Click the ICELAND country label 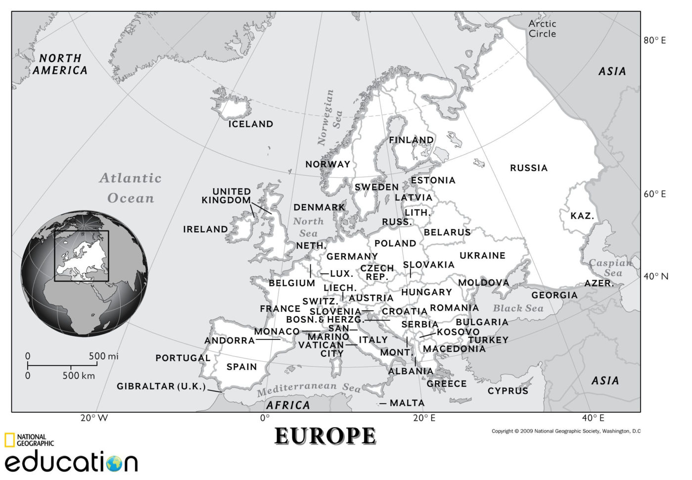pyautogui.click(x=250, y=124)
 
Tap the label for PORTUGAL pyautogui.click(x=183, y=358)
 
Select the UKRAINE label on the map pyautogui.click(x=482, y=255)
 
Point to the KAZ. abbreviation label pyautogui.click(x=582, y=216)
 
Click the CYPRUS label pyautogui.click(x=507, y=391)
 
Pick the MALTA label pyautogui.click(x=407, y=403)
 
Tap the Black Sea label pyautogui.click(x=518, y=308)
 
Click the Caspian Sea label pyautogui.click(x=610, y=268)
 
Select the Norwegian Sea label pyautogui.click(x=329, y=118)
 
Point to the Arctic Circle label pyautogui.click(x=542, y=29)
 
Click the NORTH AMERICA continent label pyautogui.click(x=60, y=64)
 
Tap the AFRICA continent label pyautogui.click(x=288, y=405)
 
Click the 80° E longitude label pyautogui.click(x=654, y=41)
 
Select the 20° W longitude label pyautogui.click(x=94, y=418)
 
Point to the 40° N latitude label pyautogui.click(x=655, y=276)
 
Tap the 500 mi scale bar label pyautogui.click(x=103, y=356)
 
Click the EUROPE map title pyautogui.click(x=325, y=436)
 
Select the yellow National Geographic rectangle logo pyautogui.click(x=9, y=440)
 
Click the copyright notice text pyautogui.click(x=566, y=431)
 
